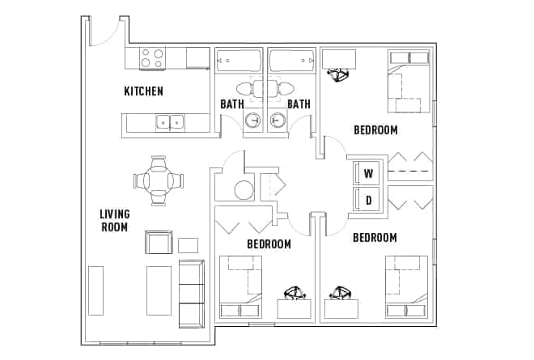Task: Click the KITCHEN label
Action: coord(143,91)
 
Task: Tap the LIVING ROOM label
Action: coord(114,220)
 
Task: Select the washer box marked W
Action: coord(367,172)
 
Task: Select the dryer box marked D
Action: coord(367,199)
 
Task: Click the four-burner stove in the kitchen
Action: coord(151,58)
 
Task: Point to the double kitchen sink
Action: coord(168,122)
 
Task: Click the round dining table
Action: coord(159,180)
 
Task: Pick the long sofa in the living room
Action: coord(191,293)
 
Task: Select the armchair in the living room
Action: coord(159,242)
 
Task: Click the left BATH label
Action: coord(232,104)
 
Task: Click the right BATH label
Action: coord(299,104)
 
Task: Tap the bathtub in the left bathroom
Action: coord(239,61)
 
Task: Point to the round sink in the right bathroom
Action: coord(277,121)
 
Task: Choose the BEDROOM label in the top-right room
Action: coord(375,129)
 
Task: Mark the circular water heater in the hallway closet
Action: coord(244,191)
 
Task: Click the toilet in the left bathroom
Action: coord(245,88)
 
